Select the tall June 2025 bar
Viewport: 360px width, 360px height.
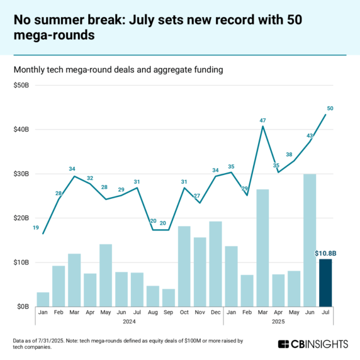pos(310,240)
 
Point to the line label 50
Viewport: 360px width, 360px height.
pos(330,108)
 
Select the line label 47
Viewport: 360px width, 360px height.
pos(263,120)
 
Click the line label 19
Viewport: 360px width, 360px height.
pos(35,227)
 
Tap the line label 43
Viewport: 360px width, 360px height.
pos(309,135)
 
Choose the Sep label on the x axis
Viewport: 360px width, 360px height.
pos(169,313)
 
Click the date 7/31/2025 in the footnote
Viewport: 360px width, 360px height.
pos(57,340)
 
